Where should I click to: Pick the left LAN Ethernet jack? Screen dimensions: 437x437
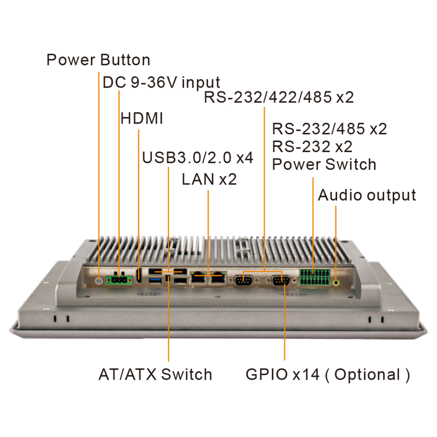199,277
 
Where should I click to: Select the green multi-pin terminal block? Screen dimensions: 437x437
314,278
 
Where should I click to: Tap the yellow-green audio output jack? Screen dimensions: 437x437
336,282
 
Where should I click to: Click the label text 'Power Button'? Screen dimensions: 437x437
98,60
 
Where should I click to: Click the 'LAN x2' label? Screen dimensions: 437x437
209,179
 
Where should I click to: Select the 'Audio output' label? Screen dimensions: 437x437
367,195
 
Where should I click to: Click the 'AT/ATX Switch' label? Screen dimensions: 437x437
155,375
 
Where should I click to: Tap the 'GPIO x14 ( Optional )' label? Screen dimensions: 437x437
328,375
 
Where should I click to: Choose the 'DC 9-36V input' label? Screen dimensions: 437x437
161,82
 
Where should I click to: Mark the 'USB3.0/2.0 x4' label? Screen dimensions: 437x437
198,157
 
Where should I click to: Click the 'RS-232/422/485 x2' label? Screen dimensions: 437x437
278,97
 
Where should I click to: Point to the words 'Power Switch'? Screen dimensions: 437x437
324,164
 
